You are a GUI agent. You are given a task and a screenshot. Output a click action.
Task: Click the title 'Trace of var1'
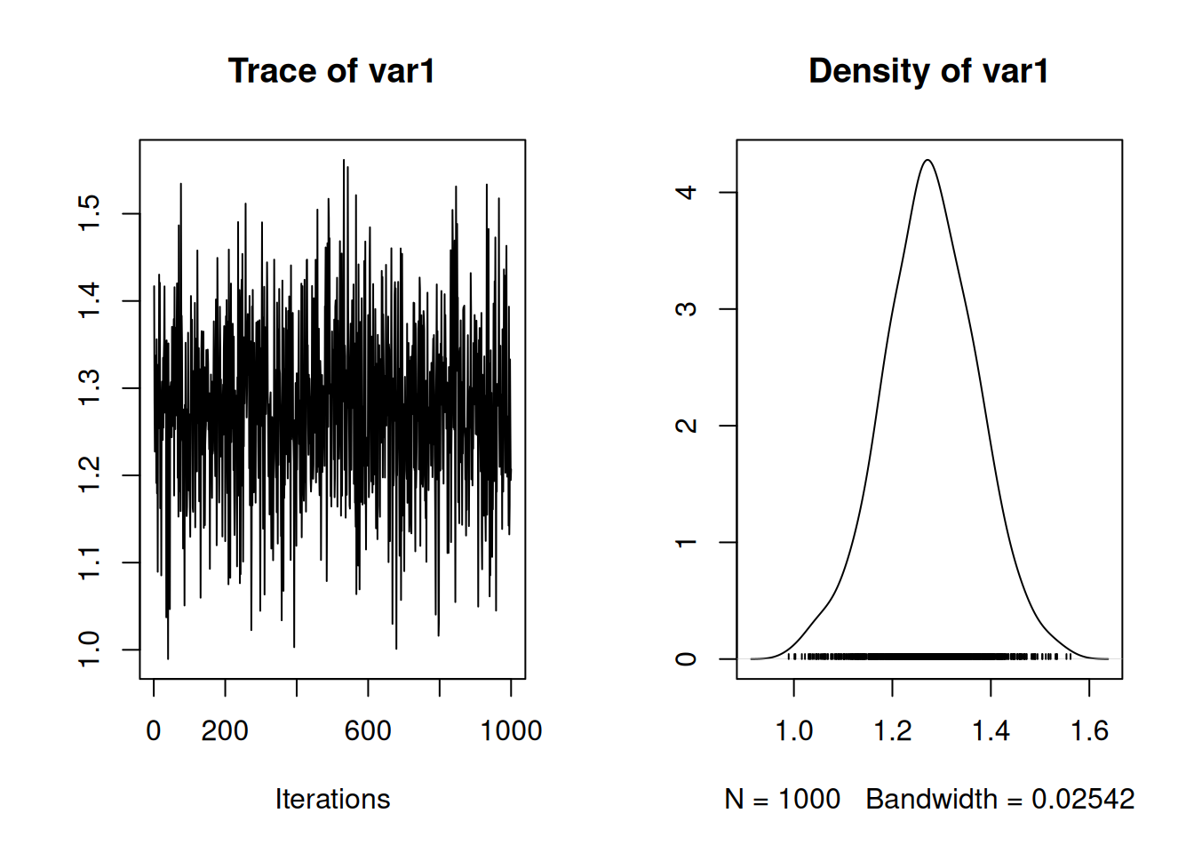coord(330,71)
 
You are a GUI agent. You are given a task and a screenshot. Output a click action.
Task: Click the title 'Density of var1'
coord(927,71)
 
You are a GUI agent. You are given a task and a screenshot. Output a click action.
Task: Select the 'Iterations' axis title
coord(332,799)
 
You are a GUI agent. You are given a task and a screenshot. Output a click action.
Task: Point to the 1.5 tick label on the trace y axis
coord(90,213)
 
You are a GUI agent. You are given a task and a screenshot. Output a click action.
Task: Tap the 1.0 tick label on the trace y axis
coord(90,650)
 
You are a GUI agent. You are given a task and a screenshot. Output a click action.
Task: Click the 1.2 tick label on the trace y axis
coord(90,475)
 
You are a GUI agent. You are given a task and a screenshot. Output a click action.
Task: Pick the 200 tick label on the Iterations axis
coord(225,730)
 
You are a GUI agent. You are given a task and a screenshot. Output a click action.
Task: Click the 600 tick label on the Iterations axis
coord(368,730)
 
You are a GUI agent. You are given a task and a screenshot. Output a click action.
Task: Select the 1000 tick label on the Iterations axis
coord(511,730)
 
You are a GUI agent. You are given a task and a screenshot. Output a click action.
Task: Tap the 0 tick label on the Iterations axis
coord(154,730)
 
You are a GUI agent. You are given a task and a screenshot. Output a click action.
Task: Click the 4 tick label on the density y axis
coord(687,192)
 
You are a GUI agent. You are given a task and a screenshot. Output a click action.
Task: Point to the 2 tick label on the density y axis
coord(687,426)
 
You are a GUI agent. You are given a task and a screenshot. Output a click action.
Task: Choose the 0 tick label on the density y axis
coord(687,658)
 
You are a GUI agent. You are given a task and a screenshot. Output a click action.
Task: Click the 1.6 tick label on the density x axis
coord(1089,730)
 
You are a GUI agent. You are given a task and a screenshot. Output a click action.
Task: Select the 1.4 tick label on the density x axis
coord(991,730)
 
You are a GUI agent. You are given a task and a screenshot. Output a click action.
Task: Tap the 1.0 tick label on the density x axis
coord(793,730)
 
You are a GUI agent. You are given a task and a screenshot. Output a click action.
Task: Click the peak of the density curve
coord(927,161)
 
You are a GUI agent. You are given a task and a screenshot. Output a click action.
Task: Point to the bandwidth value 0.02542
coord(1082,799)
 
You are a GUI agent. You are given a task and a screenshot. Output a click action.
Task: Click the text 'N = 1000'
coord(782,799)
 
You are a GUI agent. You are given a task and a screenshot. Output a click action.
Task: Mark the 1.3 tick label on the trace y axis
coord(90,388)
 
